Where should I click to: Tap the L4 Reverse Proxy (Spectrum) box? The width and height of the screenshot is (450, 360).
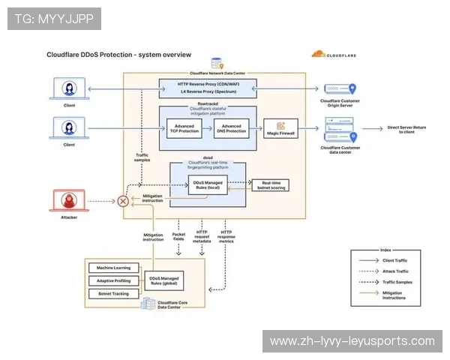(208, 91)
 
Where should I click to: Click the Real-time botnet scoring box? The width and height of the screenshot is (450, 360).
(269, 185)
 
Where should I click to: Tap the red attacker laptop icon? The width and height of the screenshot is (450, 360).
(69, 201)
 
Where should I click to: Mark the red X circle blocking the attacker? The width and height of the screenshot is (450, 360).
(123, 201)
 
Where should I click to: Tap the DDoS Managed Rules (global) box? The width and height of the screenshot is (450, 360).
(163, 280)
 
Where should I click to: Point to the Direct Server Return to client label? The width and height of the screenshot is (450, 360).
(405, 131)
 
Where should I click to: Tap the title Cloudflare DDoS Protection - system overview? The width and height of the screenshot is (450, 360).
(118, 55)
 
